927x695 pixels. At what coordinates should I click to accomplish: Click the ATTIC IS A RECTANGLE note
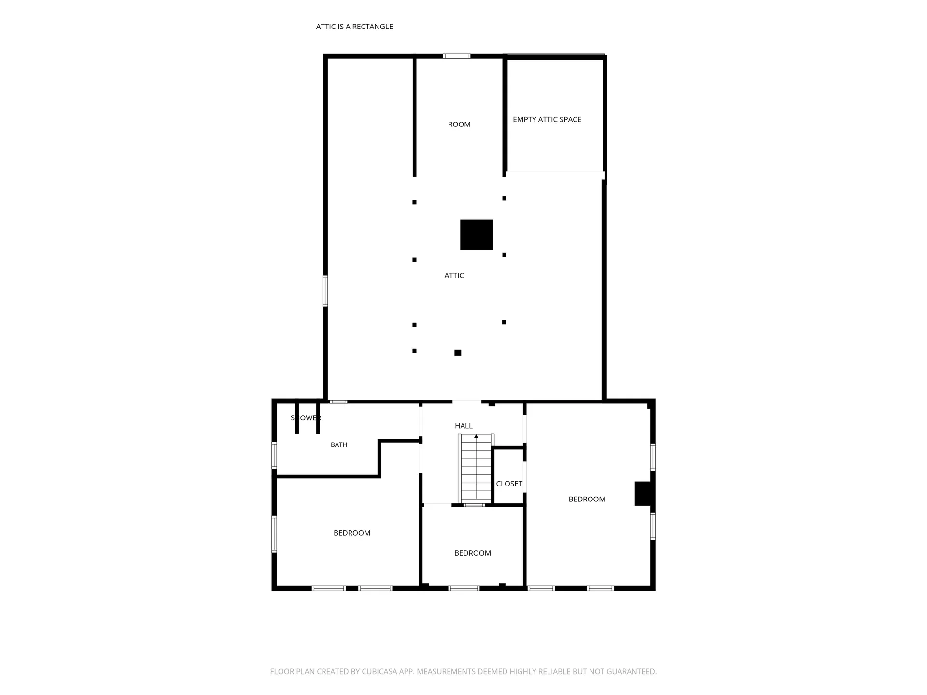click(354, 27)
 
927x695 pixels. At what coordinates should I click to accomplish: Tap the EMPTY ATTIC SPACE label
click(547, 119)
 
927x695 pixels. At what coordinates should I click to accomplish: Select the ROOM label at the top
click(459, 125)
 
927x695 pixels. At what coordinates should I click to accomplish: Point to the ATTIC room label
click(454, 275)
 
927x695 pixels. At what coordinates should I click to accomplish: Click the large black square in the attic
click(477, 235)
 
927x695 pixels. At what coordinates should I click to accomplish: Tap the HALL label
click(463, 426)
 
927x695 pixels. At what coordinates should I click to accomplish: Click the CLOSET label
click(509, 484)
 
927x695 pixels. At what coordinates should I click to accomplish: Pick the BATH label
click(339, 445)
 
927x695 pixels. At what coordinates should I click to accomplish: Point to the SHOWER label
click(306, 418)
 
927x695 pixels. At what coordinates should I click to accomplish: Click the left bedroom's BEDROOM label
click(352, 533)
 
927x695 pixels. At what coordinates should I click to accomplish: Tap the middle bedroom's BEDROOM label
click(473, 553)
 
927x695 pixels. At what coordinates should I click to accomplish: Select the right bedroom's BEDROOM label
click(587, 499)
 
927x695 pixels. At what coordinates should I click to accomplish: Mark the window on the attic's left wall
click(325, 291)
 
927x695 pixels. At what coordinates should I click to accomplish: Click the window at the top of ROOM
click(457, 56)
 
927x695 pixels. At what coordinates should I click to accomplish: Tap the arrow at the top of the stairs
click(476, 436)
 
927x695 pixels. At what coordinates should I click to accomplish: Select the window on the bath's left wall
click(274, 455)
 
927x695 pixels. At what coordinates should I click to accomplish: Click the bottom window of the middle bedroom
click(464, 588)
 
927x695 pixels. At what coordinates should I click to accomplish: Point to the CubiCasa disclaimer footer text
click(463, 671)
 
